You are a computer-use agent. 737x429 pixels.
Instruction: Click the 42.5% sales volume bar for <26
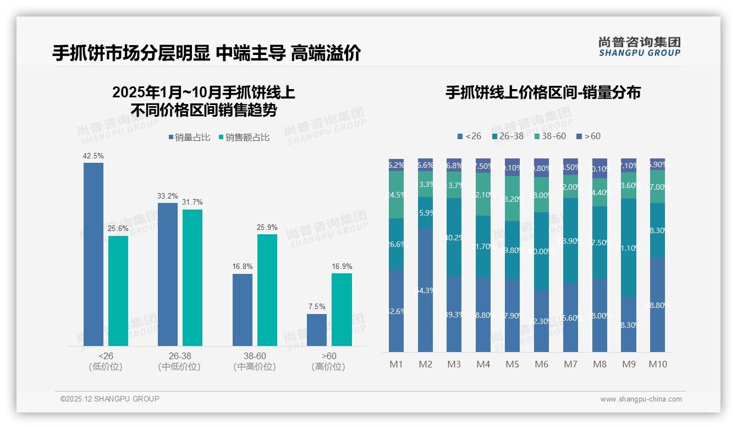point(93,254)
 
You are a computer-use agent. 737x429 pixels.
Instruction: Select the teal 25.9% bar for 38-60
point(267,290)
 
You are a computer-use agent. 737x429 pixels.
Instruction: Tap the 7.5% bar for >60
point(316,330)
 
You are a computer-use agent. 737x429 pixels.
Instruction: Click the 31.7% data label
point(192,202)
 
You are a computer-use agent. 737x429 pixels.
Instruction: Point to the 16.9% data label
point(342,267)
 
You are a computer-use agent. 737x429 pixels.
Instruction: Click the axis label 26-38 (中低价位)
point(179,361)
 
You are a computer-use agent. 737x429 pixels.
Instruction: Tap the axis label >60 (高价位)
point(328,361)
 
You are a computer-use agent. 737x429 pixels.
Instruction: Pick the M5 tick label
point(512,364)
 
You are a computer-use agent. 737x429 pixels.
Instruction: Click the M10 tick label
point(657,364)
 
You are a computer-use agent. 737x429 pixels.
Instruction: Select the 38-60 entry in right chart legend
point(549,136)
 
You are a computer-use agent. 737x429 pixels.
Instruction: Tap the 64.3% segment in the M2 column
point(425,290)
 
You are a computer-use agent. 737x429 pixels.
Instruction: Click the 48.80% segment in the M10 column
point(657,305)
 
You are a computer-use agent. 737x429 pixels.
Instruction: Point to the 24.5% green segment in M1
point(396,195)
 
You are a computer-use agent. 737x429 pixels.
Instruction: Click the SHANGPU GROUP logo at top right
point(639,46)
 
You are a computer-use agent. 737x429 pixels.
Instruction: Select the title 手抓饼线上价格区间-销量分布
point(543,92)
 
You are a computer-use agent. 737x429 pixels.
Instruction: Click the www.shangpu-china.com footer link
point(641,399)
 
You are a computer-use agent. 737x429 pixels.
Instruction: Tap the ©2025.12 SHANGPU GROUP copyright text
point(110,399)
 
